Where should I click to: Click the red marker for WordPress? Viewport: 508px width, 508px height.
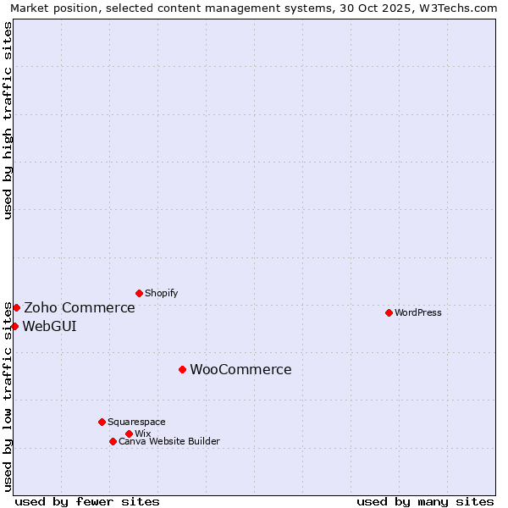click(389, 312)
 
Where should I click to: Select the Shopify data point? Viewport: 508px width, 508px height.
click(139, 293)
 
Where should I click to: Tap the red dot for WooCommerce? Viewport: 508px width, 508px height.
click(182, 369)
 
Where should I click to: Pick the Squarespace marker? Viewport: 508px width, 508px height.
click(102, 422)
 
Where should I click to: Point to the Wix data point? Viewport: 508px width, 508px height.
click(129, 433)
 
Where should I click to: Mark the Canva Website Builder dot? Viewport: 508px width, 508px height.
click(113, 441)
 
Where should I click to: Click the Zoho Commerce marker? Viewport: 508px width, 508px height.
click(16, 307)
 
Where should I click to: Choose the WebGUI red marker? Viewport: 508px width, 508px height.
click(14, 326)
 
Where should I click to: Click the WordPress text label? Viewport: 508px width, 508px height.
click(418, 312)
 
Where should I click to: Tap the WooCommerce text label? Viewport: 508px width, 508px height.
click(240, 369)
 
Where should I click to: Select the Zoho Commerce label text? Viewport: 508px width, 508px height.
click(80, 307)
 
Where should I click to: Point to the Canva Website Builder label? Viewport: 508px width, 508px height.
click(169, 441)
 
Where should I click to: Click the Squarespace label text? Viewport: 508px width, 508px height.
click(136, 422)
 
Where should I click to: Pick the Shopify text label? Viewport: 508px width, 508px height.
click(161, 293)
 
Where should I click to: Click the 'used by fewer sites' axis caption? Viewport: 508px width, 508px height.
click(87, 501)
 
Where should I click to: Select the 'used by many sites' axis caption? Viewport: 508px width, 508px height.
click(425, 501)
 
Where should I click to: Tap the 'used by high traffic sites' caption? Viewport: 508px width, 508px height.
click(8, 120)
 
